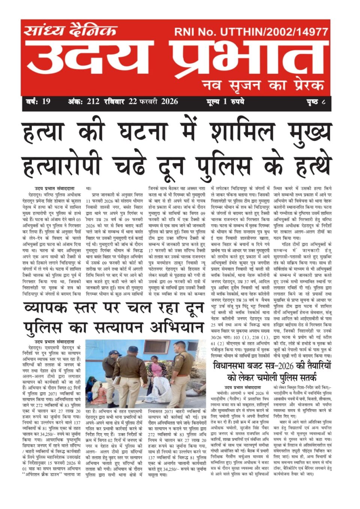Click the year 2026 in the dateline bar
pyautogui.click(x=169, y=102)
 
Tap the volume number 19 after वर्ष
pyautogui.click(x=46, y=102)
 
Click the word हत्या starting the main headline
pyautogui.click(x=43, y=133)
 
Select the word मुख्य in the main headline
pyautogui.click(x=310, y=133)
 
